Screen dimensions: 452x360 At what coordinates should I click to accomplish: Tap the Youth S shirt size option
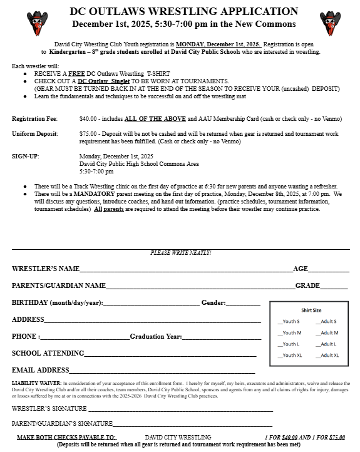(289, 321)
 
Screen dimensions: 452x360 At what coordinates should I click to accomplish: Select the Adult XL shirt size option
(327, 355)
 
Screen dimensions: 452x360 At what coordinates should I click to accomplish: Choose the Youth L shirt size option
(289, 344)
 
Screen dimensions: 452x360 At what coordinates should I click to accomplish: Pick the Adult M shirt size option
(327, 332)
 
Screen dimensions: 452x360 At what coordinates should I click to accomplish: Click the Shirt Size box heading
(311, 310)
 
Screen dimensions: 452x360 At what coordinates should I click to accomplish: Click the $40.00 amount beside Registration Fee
(88, 118)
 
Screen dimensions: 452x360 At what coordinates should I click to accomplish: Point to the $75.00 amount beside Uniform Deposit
(88, 133)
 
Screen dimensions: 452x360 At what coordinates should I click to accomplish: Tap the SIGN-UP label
(26, 156)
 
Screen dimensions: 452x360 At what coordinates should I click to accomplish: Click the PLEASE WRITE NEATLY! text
(181, 252)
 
